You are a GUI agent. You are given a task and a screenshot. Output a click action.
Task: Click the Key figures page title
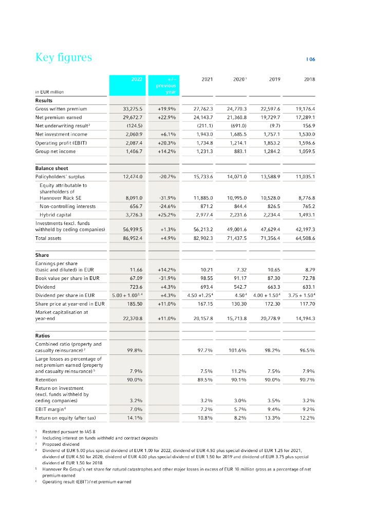(x=63, y=57)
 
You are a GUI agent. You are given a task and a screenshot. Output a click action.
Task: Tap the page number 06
(x=311, y=60)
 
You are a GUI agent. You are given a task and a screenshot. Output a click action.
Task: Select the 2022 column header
(x=136, y=79)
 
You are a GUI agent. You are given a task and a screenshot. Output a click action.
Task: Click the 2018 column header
(x=309, y=80)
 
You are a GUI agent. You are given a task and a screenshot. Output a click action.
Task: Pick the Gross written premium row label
(x=61, y=109)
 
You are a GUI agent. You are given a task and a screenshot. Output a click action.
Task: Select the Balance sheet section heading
(x=52, y=168)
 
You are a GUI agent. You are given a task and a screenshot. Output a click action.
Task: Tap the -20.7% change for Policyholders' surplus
(x=168, y=177)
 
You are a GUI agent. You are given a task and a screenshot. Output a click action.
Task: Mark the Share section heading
(x=42, y=255)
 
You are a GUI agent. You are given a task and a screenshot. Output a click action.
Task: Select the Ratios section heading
(x=43, y=335)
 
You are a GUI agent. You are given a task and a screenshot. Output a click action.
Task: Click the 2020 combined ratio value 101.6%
(x=237, y=350)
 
